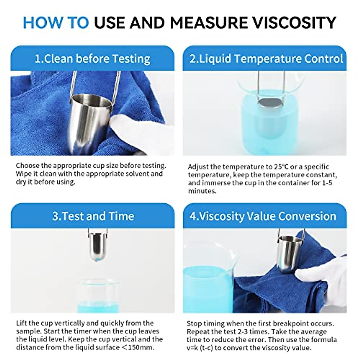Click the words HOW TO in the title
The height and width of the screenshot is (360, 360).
(56, 22)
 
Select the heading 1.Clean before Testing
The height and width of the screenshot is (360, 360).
(92, 58)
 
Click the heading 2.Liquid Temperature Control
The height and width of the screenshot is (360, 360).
(266, 58)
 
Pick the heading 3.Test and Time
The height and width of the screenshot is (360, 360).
(93, 216)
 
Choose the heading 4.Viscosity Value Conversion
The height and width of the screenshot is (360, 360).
(263, 216)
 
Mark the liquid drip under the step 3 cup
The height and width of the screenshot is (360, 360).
(97, 262)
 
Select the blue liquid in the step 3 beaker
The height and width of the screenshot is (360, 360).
(97, 307)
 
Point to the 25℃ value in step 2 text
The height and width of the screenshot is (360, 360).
(281, 167)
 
